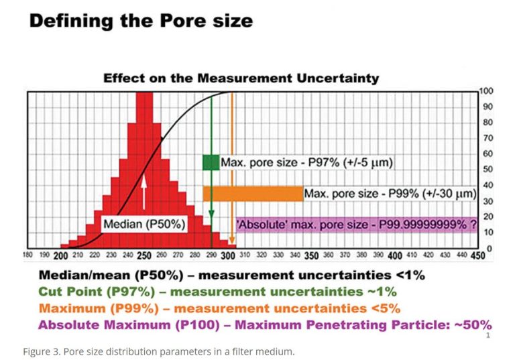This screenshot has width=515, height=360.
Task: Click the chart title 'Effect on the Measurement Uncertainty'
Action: coord(241,78)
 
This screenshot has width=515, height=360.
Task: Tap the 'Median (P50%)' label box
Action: coord(144,224)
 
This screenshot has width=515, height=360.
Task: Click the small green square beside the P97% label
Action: coord(211,162)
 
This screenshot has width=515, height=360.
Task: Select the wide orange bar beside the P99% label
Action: coord(253,194)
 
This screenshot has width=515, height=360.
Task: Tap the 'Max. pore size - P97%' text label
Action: coord(307,163)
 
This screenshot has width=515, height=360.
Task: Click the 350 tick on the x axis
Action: coord(311,256)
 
